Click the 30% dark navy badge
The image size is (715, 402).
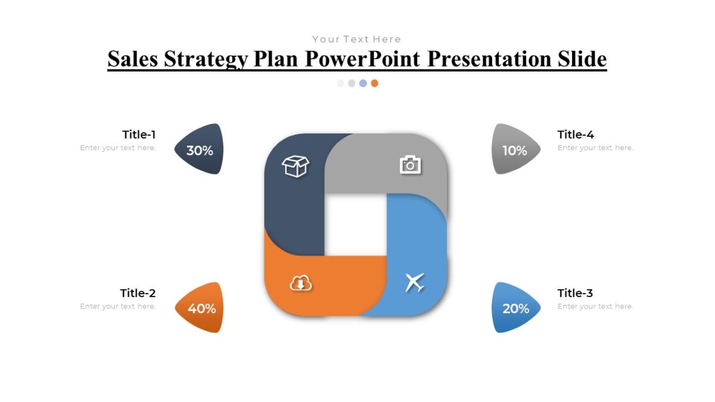click(x=200, y=150)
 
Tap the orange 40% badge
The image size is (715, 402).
click(x=201, y=308)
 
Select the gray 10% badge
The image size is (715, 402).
click(x=515, y=150)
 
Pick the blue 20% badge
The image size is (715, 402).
click(x=515, y=308)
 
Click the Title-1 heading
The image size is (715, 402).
click(x=139, y=135)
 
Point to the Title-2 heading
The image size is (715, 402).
click(x=138, y=293)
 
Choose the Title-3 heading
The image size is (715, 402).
click(x=575, y=293)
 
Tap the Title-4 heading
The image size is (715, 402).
click(x=576, y=135)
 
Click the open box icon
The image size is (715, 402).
click(x=296, y=166)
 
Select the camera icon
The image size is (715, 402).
click(x=410, y=164)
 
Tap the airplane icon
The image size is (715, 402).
click(x=415, y=282)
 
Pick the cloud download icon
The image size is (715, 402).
click(x=301, y=283)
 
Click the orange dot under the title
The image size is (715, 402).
click(x=374, y=83)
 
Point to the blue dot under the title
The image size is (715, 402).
click(x=363, y=83)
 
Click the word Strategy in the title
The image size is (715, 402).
click(x=206, y=59)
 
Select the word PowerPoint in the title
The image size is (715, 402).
click(x=362, y=59)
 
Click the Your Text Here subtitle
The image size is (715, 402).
click(x=356, y=39)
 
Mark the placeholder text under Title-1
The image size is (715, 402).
click(x=118, y=148)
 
